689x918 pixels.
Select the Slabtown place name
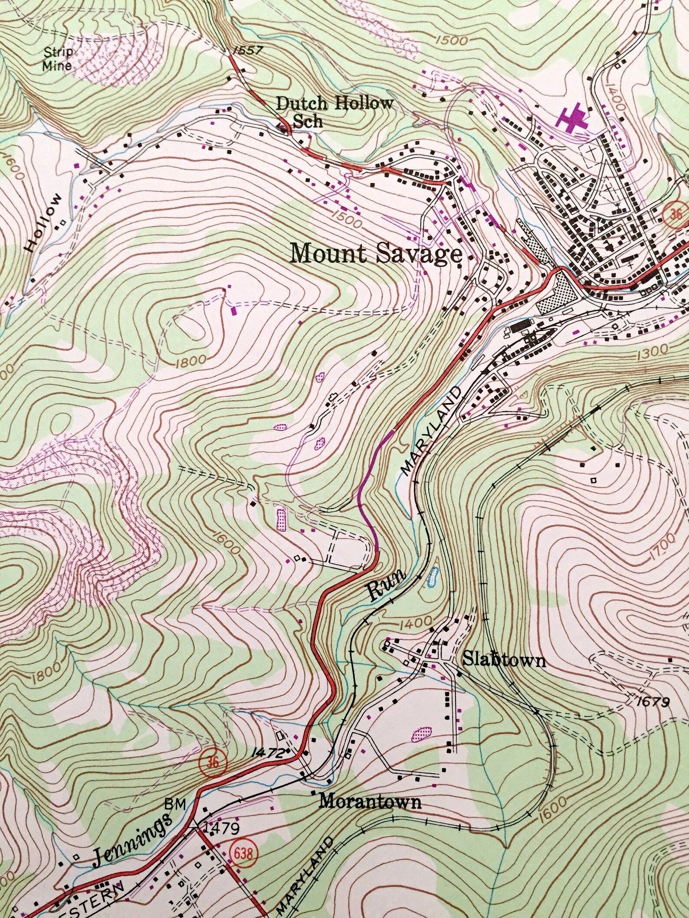[x=504, y=660]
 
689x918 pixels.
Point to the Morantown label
[x=370, y=802]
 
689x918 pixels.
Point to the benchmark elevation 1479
[x=221, y=829]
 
